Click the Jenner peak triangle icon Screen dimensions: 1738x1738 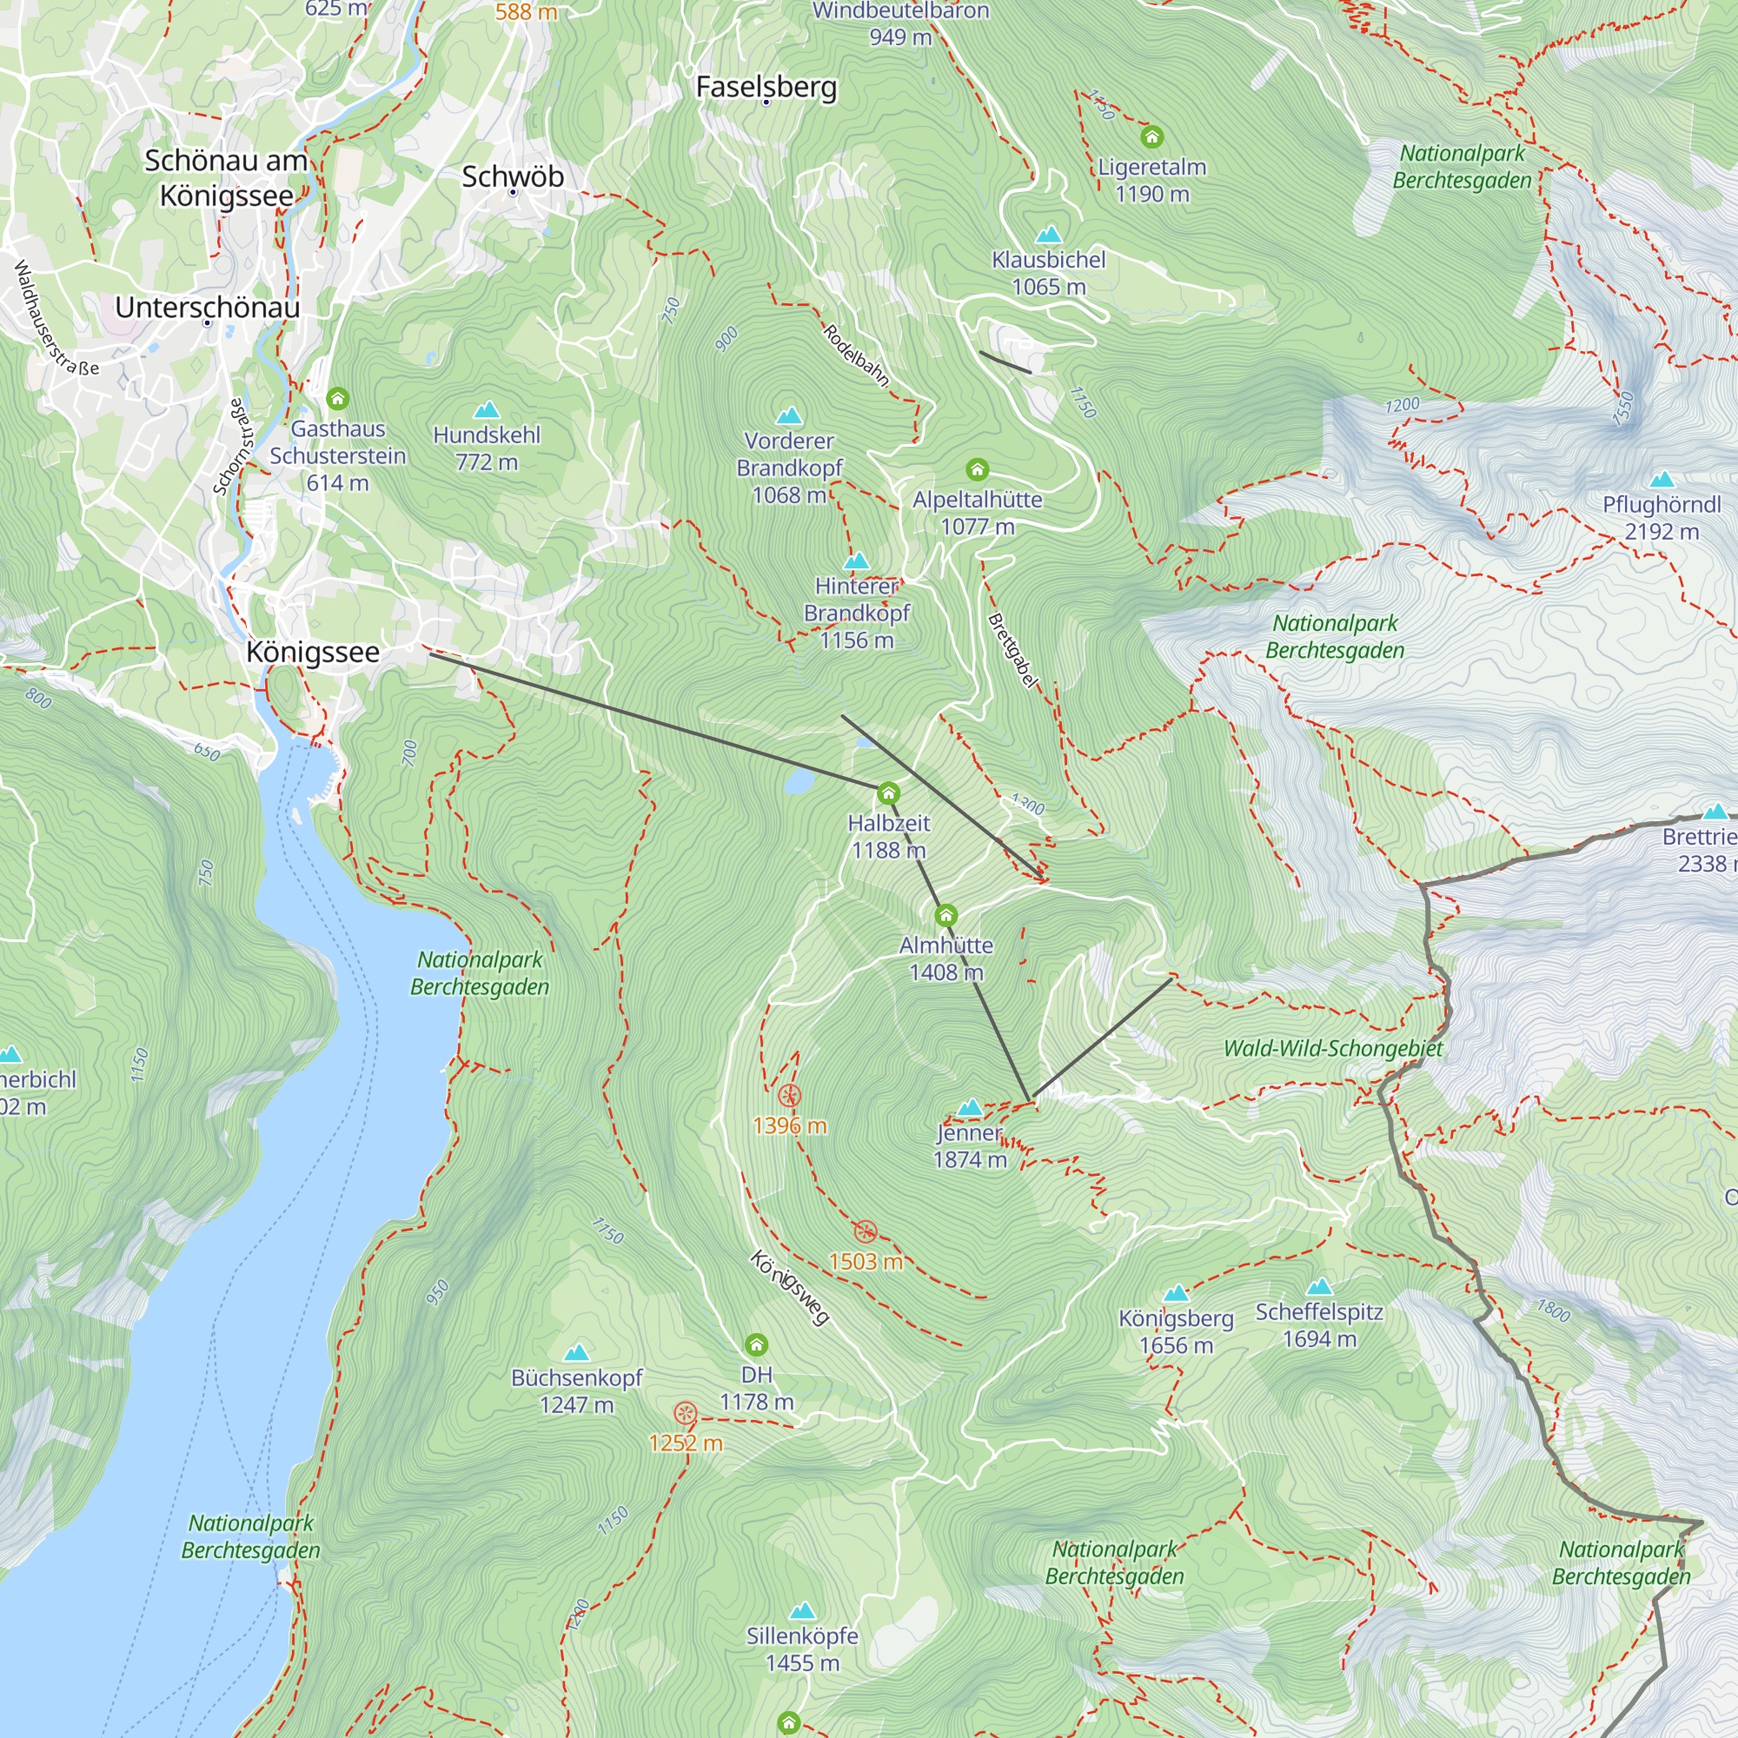tap(969, 1107)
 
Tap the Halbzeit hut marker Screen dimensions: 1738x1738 tap(888, 793)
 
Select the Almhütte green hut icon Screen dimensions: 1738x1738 tap(945, 916)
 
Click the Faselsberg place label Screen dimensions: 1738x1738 tap(766, 87)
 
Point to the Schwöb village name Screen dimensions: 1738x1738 tap(513, 176)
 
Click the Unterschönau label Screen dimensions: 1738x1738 tap(208, 308)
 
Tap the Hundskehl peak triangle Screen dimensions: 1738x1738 tap(487, 410)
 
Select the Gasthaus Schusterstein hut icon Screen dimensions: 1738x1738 tap(337, 398)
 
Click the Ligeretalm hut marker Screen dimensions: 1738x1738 tap(1151, 136)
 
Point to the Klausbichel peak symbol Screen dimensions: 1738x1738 tap(1048, 235)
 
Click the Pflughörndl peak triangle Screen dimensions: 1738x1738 tap(1662, 480)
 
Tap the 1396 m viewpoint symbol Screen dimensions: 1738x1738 tap(789, 1096)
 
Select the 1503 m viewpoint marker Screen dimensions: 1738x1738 tap(866, 1231)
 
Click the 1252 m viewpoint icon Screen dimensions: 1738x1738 tap(686, 1413)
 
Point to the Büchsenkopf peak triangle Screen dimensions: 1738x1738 tap(576, 1352)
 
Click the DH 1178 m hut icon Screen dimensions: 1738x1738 tap(757, 1345)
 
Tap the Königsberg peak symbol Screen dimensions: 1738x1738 tap(1176, 1294)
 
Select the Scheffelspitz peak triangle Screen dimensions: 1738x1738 tap(1319, 1286)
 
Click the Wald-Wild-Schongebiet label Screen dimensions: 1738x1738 tap(1333, 1049)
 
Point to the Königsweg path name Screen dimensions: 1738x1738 tap(789, 1287)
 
